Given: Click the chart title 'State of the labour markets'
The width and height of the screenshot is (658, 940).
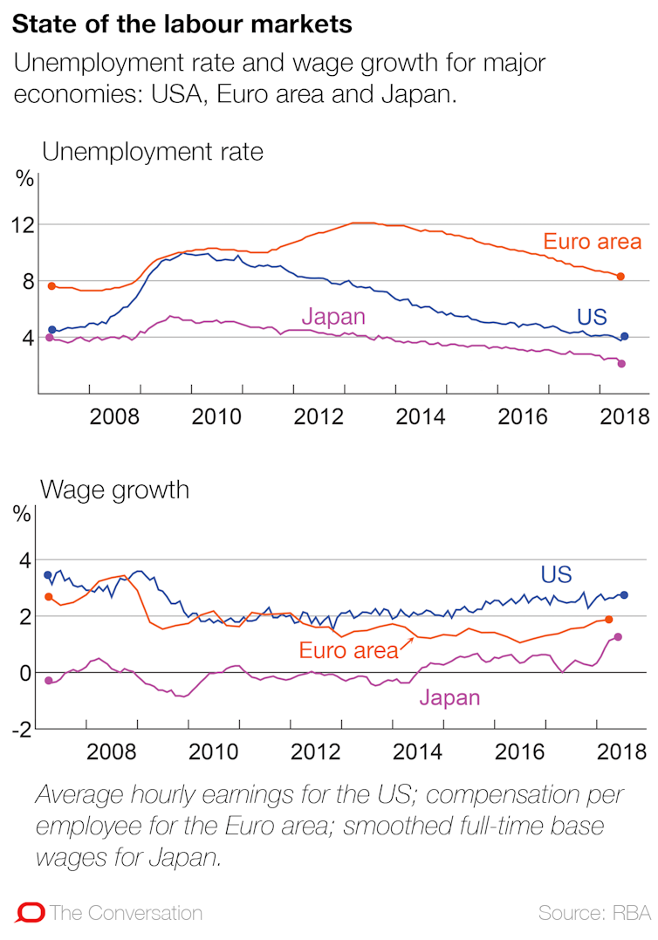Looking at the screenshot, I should pyautogui.click(x=182, y=24).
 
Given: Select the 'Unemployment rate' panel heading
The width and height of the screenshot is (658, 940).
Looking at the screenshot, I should pyautogui.click(x=152, y=152).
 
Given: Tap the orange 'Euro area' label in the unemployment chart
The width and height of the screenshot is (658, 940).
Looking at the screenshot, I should pyautogui.click(x=592, y=242).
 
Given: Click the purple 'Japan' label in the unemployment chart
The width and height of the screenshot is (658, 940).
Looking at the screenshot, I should pyautogui.click(x=333, y=316).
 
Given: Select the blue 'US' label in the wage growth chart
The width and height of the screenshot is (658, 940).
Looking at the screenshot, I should pyautogui.click(x=556, y=574).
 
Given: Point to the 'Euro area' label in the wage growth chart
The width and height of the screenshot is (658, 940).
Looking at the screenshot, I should pyautogui.click(x=348, y=649).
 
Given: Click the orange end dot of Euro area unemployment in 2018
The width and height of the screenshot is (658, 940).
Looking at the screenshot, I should pyautogui.click(x=620, y=277).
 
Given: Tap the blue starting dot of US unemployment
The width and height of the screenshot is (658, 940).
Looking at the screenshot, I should pyautogui.click(x=51, y=330).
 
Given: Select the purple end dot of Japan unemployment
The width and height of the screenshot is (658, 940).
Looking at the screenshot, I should pyautogui.click(x=621, y=364).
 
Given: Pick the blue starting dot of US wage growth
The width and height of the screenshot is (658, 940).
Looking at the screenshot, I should pyautogui.click(x=48, y=575).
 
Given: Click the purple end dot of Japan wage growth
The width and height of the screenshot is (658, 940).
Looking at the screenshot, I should pyautogui.click(x=618, y=637).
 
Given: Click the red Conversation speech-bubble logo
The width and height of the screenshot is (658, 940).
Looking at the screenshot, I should pyautogui.click(x=30, y=913).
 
